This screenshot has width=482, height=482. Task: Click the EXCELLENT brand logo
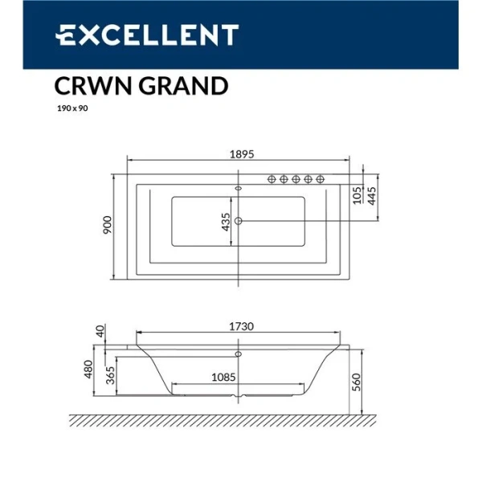[146, 35]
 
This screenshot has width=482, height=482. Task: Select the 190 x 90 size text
[71, 108]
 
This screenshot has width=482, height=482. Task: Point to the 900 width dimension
[106, 225]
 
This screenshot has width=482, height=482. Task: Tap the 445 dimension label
[372, 197]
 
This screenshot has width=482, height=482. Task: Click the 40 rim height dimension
[100, 331]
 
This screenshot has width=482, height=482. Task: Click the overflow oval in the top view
[238, 189]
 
